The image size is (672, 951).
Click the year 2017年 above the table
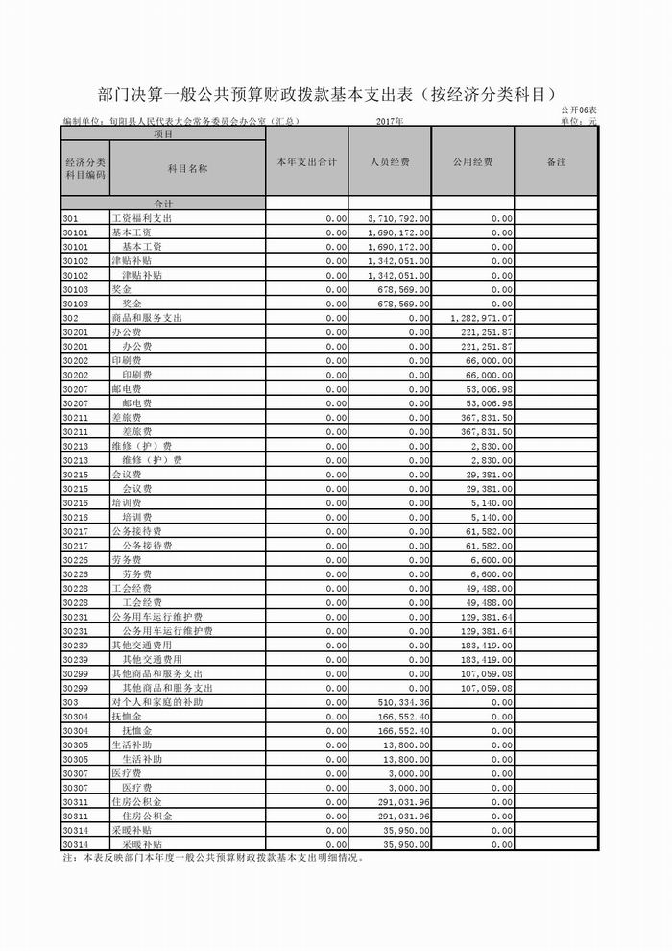[390, 122]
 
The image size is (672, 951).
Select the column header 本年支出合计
[305, 162]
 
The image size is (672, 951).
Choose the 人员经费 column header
[390, 162]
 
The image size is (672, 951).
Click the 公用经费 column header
[472, 162]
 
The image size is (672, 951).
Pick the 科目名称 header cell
[187, 168]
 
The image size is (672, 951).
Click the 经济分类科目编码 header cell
[84, 169]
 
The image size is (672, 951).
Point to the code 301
[70, 219]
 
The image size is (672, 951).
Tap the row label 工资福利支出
[141, 219]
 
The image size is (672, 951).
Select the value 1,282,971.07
[481, 317]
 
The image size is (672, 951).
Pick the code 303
[70, 702]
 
